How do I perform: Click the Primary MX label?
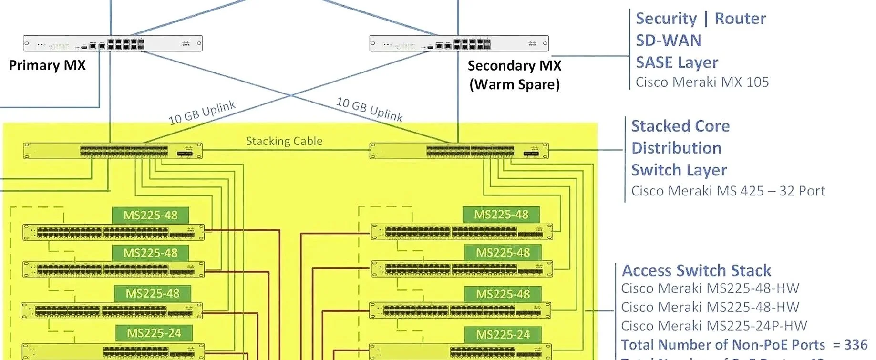pyautogui.click(x=47, y=65)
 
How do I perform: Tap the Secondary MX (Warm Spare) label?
pyautogui.click(x=514, y=74)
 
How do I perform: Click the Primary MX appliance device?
pyautogui.click(x=113, y=43)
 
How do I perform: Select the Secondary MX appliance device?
pyautogui.click(x=459, y=43)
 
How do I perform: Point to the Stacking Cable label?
pyautogui.click(x=284, y=141)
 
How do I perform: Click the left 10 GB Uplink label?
pyautogui.click(x=202, y=113)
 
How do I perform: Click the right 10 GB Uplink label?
pyautogui.click(x=370, y=109)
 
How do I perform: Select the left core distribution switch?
pyautogui.click(x=113, y=151)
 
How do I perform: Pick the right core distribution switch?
pyautogui.click(x=459, y=151)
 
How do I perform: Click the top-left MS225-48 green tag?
pyautogui.click(x=150, y=215)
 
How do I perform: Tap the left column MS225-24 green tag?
pyautogui.click(x=154, y=333)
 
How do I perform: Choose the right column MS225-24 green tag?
pyautogui.click(x=503, y=335)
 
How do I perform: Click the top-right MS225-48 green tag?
pyautogui.click(x=501, y=215)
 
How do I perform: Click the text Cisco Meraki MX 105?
pyautogui.click(x=702, y=82)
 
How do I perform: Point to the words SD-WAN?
pyautogui.click(x=668, y=41)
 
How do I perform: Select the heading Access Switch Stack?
pyautogui.click(x=696, y=270)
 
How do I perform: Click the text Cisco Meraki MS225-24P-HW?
pyautogui.click(x=713, y=326)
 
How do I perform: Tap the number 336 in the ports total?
pyautogui.click(x=855, y=345)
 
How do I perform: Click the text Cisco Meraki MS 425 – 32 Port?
pyautogui.click(x=728, y=191)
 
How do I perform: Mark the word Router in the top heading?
pyautogui.click(x=740, y=19)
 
